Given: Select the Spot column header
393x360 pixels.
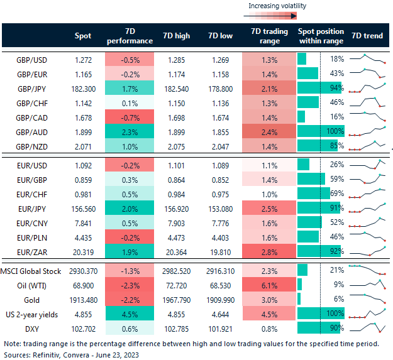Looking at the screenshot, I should (82, 36).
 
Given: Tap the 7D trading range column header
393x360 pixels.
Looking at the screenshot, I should (268, 36).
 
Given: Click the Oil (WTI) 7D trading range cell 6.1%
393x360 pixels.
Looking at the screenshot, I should (268, 285).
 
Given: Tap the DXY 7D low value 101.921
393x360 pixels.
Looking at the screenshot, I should (218, 327).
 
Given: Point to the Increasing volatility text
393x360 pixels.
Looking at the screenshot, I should (277, 6).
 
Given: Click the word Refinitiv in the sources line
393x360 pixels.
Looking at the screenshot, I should (47, 355).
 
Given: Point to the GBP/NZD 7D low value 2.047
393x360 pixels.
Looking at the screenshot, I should (218, 145).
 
